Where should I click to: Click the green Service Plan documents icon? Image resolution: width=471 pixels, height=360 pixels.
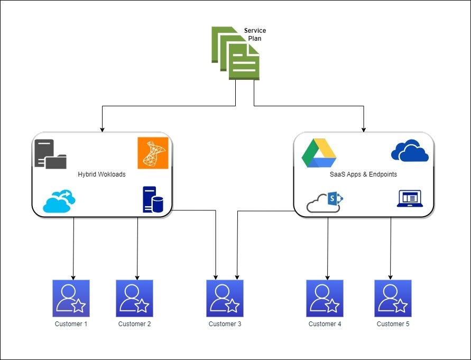[236, 53]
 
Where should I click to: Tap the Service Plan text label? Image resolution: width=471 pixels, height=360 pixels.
[255, 34]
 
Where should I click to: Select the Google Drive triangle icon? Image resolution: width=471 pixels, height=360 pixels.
[319, 153]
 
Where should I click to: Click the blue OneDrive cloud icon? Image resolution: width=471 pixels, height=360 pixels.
[410, 151]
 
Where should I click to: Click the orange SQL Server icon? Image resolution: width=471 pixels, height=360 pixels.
[153, 153]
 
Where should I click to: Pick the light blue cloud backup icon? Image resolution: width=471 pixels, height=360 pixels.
[59, 201]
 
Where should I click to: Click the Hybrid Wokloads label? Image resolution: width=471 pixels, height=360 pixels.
[101, 174]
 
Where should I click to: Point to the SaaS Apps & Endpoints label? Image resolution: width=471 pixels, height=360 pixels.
[363, 174]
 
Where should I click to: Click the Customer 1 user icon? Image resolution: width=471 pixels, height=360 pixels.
[71, 298]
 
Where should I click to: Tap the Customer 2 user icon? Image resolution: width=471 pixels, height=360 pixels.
[134, 298]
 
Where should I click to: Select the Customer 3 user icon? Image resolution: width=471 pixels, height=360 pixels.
[225, 298]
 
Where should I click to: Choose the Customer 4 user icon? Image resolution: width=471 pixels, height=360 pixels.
[325, 298]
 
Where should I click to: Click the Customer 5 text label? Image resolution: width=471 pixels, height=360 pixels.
[393, 324]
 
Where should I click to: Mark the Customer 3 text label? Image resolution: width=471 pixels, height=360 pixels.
[225, 324]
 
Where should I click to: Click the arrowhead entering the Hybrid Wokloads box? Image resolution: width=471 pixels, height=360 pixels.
[101, 129]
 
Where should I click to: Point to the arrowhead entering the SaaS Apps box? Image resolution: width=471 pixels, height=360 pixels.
[364, 129]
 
